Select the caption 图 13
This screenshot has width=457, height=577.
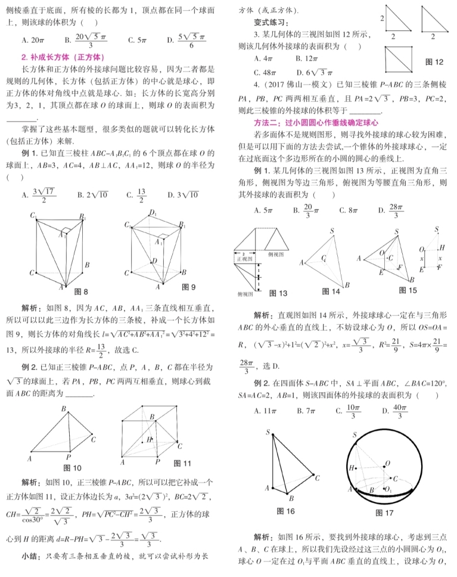278,293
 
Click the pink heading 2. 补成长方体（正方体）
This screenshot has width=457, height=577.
63,57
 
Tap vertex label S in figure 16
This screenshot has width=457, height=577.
269,432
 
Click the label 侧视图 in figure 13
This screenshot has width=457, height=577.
278,254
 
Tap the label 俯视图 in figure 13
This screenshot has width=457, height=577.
246,294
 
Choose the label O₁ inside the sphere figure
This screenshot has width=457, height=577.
389,489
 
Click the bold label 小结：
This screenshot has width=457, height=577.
32,556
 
